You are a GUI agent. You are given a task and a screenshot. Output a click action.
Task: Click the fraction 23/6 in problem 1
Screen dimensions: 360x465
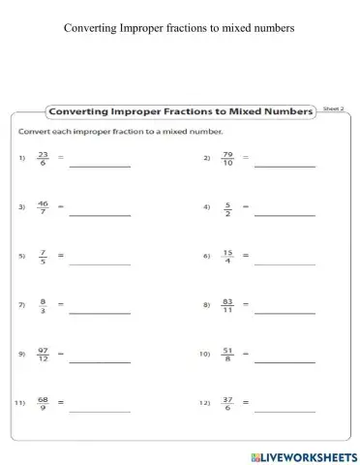42,157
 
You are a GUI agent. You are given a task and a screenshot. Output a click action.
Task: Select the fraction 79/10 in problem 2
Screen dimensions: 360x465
228,157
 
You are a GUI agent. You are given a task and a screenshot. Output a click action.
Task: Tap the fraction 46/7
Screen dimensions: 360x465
42,206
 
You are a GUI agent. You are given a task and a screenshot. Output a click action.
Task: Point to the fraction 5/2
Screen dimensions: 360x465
228,206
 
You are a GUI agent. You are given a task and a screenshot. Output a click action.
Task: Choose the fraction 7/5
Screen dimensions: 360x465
42,256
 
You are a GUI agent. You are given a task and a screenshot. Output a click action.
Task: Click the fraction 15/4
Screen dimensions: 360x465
228,256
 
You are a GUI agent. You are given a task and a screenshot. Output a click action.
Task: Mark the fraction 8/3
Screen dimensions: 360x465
42,304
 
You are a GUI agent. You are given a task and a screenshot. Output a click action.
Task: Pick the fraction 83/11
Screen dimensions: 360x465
228,304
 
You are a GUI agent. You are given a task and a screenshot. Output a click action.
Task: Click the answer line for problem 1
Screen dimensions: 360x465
100,165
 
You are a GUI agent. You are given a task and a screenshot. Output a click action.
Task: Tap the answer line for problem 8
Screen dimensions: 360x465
285,312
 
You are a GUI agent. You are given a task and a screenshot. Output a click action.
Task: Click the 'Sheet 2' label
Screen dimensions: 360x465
333,109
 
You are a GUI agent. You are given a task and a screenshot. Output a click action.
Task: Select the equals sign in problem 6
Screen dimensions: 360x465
246,256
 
